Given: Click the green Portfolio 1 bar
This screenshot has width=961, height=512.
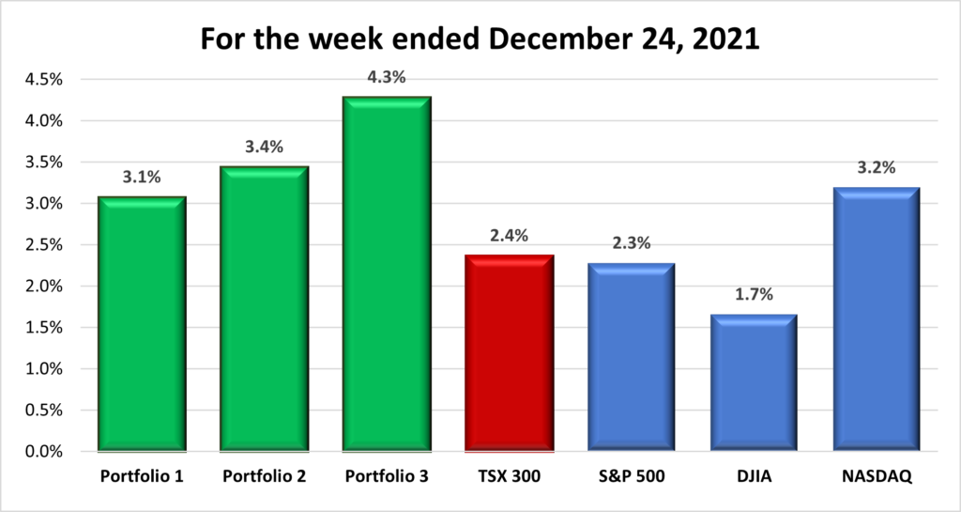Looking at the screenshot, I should tap(141, 324).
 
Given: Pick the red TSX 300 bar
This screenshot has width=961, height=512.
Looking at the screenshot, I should tap(509, 353).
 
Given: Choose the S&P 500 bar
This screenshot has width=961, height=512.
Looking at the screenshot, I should tap(632, 357).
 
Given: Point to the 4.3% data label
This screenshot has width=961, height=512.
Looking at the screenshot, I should tap(386, 78).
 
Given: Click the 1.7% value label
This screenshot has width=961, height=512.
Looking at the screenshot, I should tap(754, 295).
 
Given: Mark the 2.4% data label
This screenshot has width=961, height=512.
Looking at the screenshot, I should tap(509, 236).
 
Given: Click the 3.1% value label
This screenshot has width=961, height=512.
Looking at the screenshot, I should tap(141, 178).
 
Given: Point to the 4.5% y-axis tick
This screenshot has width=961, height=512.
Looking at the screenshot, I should tap(42, 80).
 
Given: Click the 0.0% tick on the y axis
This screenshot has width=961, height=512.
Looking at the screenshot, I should tap(42, 452).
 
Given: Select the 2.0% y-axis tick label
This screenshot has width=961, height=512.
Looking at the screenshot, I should tap(42, 287).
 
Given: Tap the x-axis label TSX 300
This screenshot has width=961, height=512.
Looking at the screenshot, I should tap(509, 477).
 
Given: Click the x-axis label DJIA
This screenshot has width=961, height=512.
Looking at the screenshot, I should tap(754, 477).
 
